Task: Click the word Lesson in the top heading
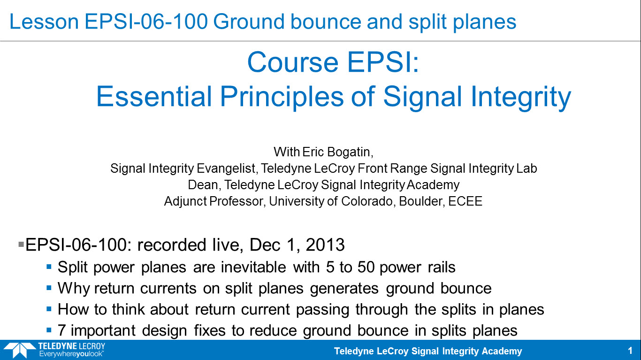[44, 22]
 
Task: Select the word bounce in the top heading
[326, 22]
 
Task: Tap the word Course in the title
[293, 62]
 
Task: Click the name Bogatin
[350, 152]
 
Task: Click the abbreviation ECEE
[465, 201]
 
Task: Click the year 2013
[325, 245]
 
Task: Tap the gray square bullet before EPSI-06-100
[21, 245]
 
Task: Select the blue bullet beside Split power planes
[49, 267]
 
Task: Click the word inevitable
[253, 267]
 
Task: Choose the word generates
[344, 289]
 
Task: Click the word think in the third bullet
[128, 309]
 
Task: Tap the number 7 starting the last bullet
[61, 330]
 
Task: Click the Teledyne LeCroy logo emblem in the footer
[19, 350]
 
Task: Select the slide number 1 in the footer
[630, 351]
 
